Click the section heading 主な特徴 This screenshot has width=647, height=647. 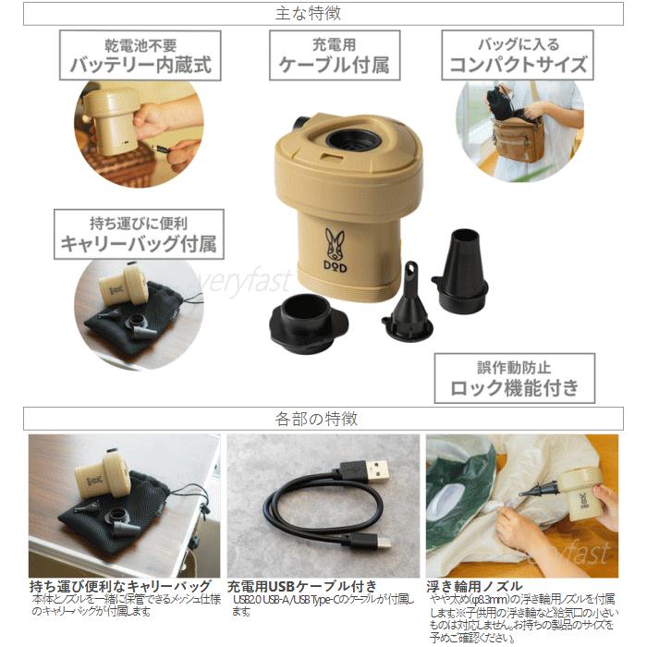(x=323, y=14)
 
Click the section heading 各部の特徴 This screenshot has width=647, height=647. (x=323, y=419)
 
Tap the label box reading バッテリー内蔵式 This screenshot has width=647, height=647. (x=140, y=55)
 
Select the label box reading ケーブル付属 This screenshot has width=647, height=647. (x=333, y=55)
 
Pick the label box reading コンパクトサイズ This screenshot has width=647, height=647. (x=517, y=55)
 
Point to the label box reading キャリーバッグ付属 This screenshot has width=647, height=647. (x=139, y=234)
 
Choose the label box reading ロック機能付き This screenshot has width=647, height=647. (x=515, y=378)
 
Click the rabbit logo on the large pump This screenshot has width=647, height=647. (x=335, y=243)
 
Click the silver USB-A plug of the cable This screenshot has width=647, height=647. (x=371, y=470)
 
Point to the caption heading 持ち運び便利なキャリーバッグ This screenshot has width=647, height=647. (x=120, y=586)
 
